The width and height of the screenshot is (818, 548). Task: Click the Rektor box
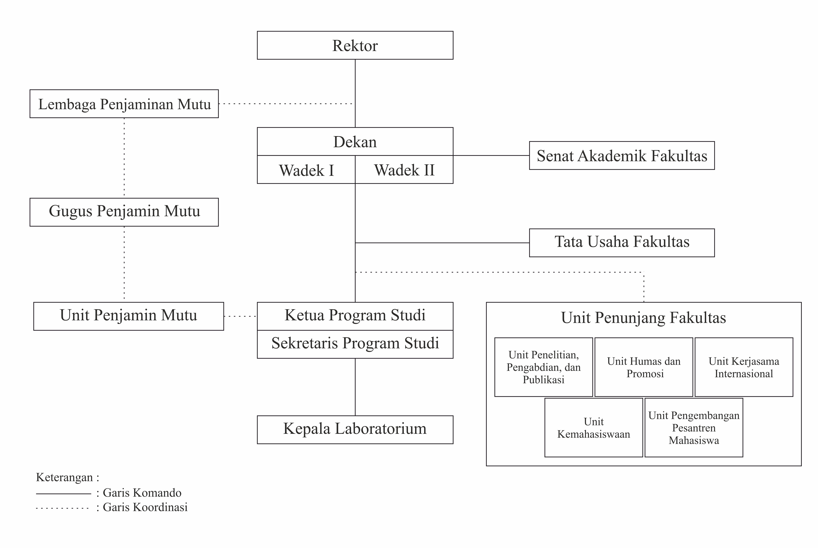coord(355,45)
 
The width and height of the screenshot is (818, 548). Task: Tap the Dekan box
coord(355,142)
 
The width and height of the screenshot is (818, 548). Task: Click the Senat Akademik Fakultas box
coord(622,156)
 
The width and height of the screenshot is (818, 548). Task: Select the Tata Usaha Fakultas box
coord(622,243)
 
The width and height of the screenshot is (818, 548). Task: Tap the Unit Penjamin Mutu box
coord(128,316)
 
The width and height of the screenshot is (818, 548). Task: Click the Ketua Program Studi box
coord(355,316)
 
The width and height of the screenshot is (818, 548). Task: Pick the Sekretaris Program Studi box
coord(355,344)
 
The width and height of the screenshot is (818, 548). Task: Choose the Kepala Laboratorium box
coord(355,430)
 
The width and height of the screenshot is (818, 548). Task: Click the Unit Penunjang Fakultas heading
coord(643,318)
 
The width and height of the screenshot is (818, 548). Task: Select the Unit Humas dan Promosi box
coord(644,367)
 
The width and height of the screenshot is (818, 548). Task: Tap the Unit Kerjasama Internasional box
coord(744,367)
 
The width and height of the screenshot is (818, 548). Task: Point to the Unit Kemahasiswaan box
coord(594,427)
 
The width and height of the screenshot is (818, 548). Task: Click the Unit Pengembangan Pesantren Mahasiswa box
coord(694,427)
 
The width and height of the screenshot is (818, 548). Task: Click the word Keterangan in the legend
coord(65,477)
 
